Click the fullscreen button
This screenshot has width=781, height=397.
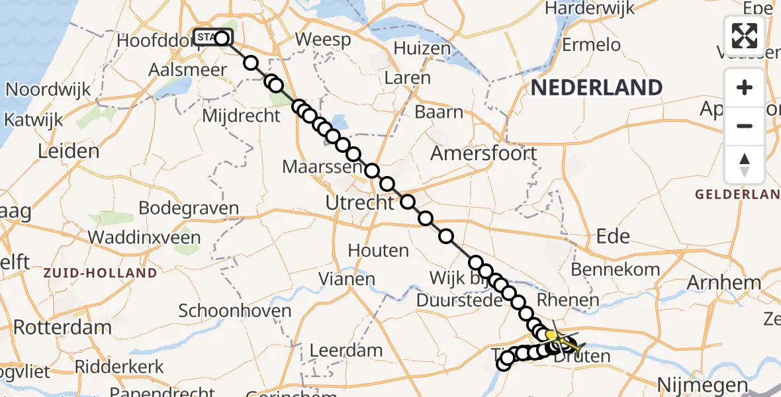(745, 36)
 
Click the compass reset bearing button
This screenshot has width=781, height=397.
(745, 164)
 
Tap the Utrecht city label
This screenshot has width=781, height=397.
(360, 202)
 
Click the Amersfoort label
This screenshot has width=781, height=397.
(483, 154)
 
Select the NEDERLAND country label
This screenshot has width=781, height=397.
(596, 87)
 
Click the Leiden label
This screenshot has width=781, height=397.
(68, 151)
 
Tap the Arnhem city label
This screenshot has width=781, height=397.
(723, 283)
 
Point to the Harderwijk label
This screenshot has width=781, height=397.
(590, 9)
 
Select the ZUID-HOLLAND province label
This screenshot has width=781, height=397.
(101, 273)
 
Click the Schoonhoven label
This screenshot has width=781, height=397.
(235, 310)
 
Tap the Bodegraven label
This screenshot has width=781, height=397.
(189, 208)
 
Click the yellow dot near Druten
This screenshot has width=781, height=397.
(551, 335)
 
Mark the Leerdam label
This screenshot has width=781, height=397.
(346, 350)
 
